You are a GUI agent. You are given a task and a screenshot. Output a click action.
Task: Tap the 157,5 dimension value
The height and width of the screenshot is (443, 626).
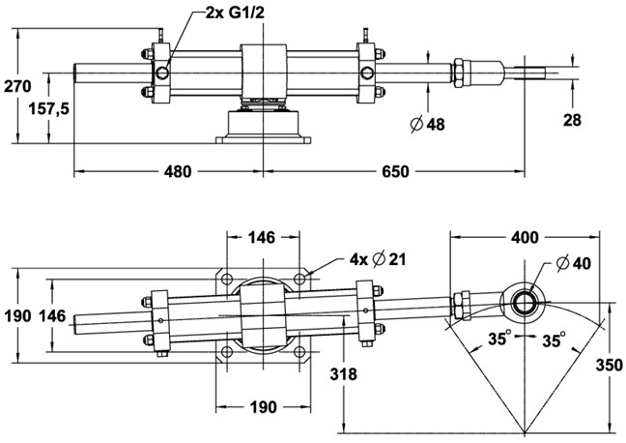[47, 109]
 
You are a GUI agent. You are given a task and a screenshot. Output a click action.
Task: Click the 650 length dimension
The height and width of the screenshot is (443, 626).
[396, 171]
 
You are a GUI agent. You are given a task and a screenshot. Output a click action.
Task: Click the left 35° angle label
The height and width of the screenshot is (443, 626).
[499, 340]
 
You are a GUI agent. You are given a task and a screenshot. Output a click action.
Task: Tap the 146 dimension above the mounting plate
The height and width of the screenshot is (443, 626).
[262, 236]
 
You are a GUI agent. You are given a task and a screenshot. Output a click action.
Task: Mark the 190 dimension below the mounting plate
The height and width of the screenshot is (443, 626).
[261, 405]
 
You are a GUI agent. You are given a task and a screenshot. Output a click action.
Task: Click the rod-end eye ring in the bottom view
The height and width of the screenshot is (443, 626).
[525, 300]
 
